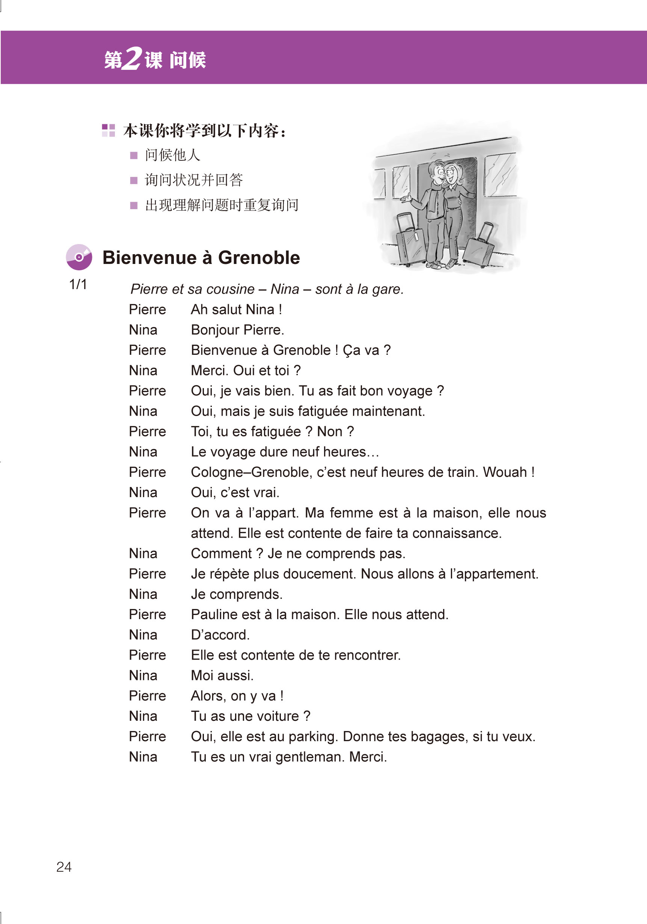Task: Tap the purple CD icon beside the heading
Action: click(x=79, y=257)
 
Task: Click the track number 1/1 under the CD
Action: click(x=78, y=285)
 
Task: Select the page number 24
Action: click(x=64, y=867)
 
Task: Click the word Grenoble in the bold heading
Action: click(x=259, y=258)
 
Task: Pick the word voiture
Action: click(x=278, y=716)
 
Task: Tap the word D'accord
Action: click(x=220, y=635)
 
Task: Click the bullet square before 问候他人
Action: click(x=134, y=155)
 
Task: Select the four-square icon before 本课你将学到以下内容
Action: click(x=108, y=130)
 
